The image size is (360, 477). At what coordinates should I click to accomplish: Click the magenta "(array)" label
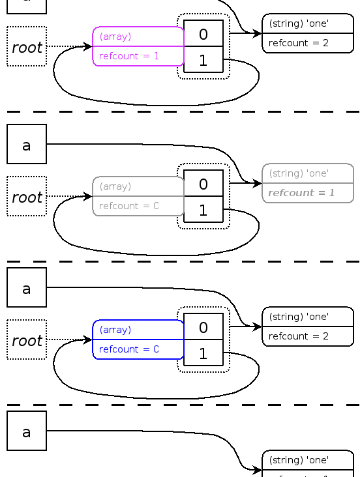[115, 36]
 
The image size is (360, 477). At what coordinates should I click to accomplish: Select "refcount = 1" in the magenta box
[129, 56]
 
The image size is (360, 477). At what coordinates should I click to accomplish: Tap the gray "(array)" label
[115, 186]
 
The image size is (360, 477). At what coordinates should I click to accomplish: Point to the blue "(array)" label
[115, 330]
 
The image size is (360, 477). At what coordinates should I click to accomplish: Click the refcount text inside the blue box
[129, 349]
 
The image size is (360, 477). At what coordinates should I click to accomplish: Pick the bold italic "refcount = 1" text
[301, 193]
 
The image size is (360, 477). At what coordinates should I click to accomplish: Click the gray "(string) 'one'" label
[299, 173]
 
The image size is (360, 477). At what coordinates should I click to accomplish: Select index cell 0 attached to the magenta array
[203, 34]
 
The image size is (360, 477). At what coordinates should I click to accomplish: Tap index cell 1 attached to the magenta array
[203, 61]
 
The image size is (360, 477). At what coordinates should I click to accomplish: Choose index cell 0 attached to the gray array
[203, 184]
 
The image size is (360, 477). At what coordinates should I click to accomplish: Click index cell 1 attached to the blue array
[203, 354]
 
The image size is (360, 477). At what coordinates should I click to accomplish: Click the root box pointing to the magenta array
[27, 47]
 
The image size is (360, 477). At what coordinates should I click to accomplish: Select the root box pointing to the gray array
[27, 197]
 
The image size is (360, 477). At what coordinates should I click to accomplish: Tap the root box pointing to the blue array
[27, 340]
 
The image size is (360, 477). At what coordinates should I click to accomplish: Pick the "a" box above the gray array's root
[27, 145]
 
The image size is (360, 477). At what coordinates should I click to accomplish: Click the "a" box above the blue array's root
[27, 288]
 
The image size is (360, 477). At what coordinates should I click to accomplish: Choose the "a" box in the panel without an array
[27, 431]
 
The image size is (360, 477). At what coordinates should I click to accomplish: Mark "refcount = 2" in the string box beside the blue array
[299, 336]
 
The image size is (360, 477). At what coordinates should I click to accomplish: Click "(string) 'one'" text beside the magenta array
[299, 23]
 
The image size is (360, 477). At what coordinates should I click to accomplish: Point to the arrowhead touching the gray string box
[258, 184]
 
